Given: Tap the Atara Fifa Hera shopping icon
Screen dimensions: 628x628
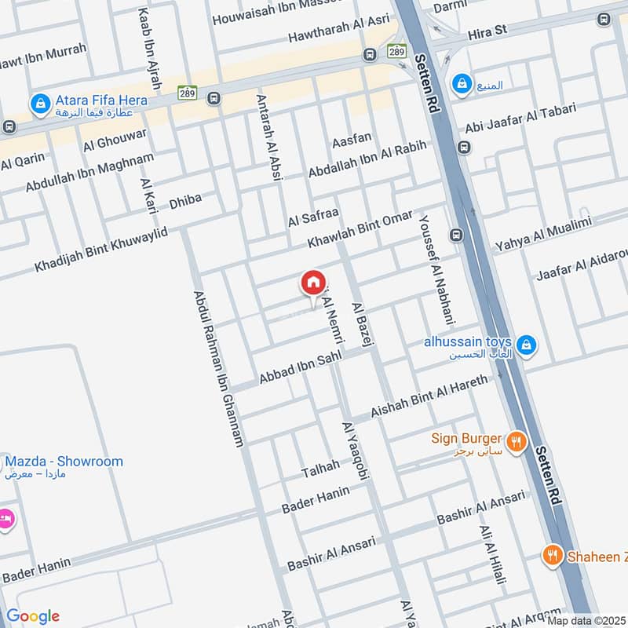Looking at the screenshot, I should [x=38, y=102].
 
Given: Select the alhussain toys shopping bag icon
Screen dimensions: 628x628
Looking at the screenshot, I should [x=527, y=344].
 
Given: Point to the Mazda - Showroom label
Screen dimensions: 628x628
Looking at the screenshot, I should [x=64, y=461].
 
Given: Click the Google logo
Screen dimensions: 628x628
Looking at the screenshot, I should [x=32, y=616].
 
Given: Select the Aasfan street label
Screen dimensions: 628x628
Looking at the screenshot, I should [x=351, y=140].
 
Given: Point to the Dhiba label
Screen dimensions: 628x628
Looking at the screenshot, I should [x=185, y=202].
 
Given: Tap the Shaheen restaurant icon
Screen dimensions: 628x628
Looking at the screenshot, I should [x=553, y=556].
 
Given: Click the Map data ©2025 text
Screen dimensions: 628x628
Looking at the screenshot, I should [x=586, y=620].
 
